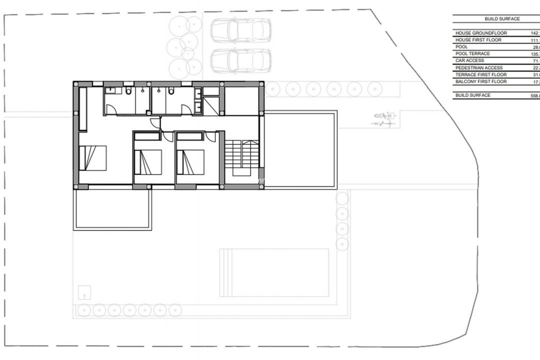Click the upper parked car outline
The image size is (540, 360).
coord(240,30)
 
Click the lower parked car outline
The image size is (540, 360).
coord(240,61)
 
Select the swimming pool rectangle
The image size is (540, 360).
coord(274,272)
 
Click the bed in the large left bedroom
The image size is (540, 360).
coord(93,158)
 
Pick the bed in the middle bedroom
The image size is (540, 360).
coord(148,162)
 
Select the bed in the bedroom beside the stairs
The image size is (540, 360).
coord(190,162)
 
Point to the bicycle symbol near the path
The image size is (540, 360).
coord(383,119)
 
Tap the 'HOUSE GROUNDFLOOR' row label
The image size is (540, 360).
coord(481,33)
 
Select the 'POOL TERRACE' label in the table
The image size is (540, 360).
coord(472,53)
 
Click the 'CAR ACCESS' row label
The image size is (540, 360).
coord(469,60)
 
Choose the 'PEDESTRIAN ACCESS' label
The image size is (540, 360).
coord(479,67)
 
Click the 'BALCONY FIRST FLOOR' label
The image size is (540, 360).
coord(481,81)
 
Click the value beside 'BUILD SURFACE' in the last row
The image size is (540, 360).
coord(535,95)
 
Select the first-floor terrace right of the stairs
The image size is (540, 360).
coord(300,150)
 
